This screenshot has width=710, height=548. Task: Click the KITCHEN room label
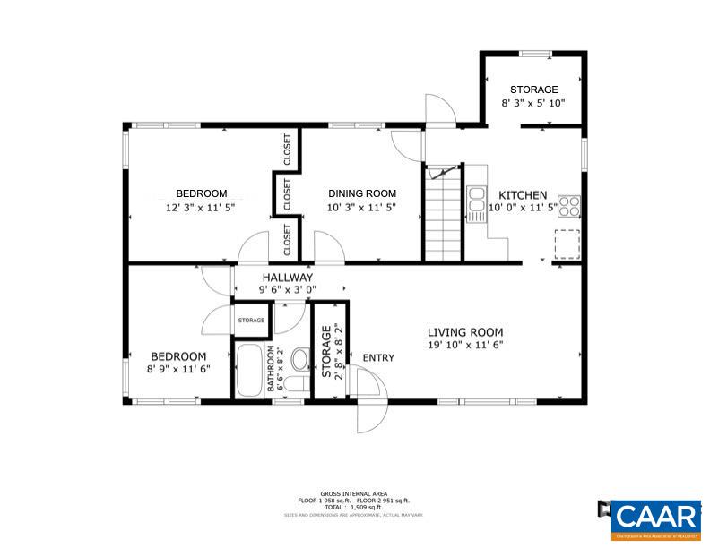(523, 195)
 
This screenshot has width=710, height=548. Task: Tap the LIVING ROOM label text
(464, 331)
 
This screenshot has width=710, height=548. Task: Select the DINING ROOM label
(361, 193)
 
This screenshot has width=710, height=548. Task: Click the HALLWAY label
(288, 278)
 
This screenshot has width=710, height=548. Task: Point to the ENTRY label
(378, 358)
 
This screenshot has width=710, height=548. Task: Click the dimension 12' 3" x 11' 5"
(201, 207)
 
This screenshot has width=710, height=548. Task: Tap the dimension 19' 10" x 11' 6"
(464, 345)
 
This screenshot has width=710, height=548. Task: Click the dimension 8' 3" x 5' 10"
(533, 103)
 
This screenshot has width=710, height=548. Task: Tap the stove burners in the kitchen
(569, 204)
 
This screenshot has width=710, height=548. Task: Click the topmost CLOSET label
(287, 150)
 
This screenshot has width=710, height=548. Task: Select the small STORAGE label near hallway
(251, 321)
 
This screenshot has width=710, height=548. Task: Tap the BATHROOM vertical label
(273, 370)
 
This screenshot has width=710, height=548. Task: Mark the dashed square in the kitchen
(567, 243)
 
